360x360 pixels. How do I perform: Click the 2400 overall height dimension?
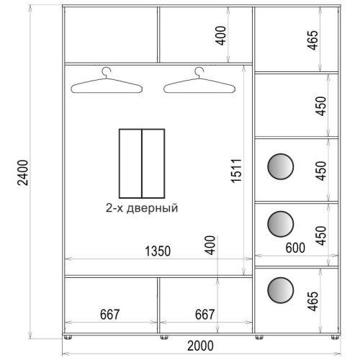click(23, 173)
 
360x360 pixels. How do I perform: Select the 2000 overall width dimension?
click(200, 346)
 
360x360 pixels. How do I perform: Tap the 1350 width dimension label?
click(158, 251)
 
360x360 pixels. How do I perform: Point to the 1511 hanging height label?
click(236, 171)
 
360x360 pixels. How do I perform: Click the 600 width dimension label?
click(295, 248)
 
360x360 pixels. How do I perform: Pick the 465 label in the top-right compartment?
click(313, 40)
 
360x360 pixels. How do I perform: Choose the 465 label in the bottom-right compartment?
click(313, 301)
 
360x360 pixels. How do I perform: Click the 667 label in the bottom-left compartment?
click(109, 315)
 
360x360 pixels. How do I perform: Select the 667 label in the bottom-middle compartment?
click(204, 315)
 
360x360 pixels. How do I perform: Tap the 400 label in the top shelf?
click(221, 35)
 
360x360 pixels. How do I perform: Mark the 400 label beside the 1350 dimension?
click(210, 245)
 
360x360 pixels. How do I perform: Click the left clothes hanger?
click(107, 80)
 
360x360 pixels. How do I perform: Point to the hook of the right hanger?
click(199, 72)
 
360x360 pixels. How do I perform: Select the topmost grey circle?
click(280, 166)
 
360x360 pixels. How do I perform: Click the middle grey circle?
click(280, 224)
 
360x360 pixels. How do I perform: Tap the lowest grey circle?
click(280, 290)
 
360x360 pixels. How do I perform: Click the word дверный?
click(152, 208)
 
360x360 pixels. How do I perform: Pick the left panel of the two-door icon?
click(130, 163)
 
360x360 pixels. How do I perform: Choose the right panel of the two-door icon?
click(153, 163)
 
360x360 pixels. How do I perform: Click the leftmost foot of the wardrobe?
click(68, 338)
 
